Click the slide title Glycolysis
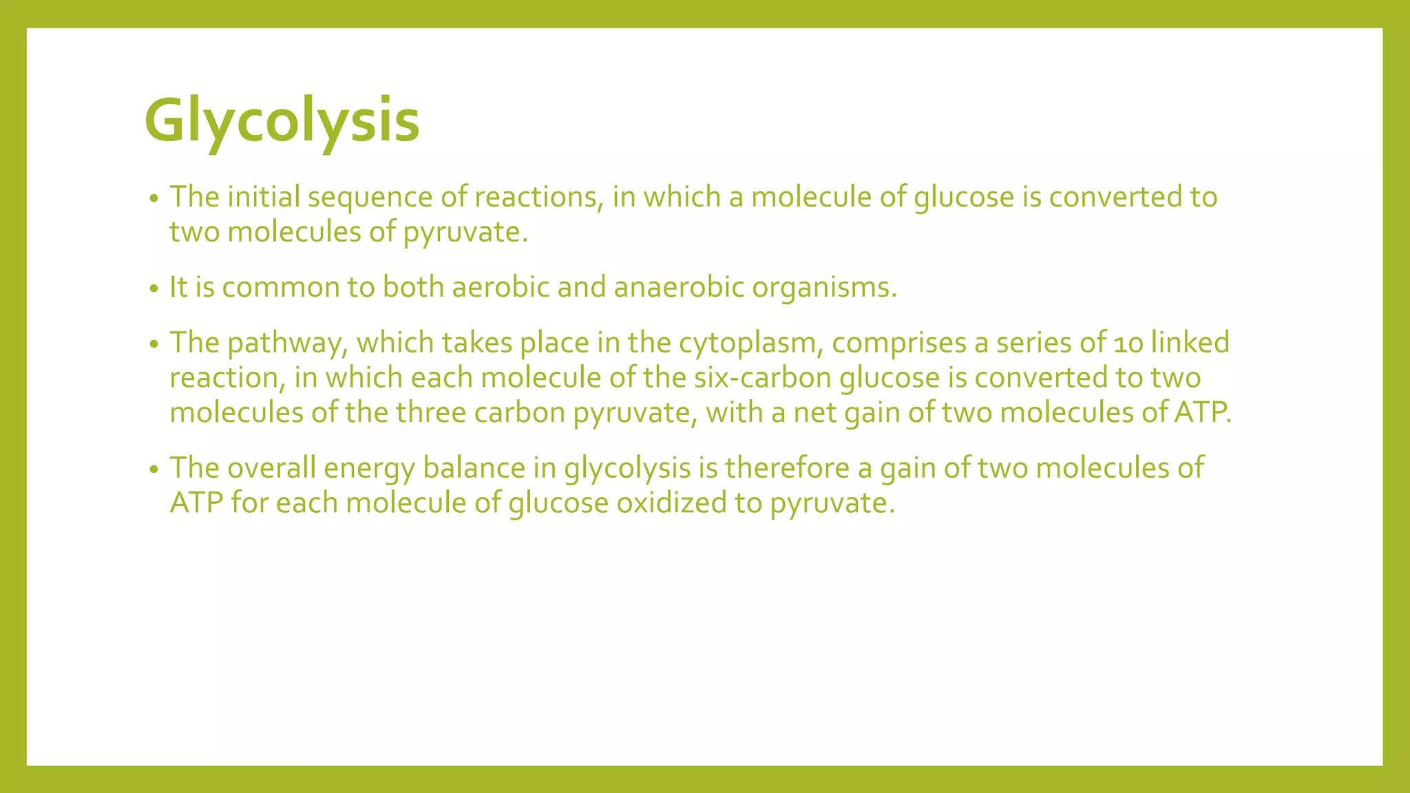[x=282, y=122]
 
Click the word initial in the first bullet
[x=264, y=197]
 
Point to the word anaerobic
[x=678, y=287]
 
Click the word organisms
[x=823, y=288]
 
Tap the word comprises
[x=899, y=343]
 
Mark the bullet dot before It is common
[x=154, y=289]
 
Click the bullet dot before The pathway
[x=154, y=345]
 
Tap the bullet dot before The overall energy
[x=154, y=470]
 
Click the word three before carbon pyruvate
[x=431, y=413]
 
